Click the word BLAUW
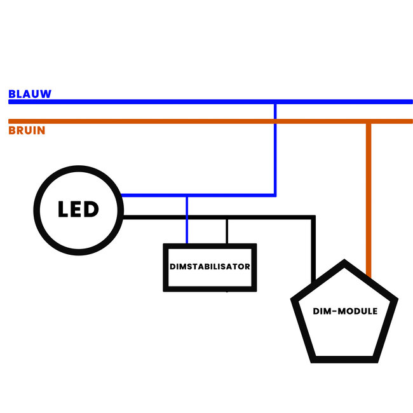point(30,94)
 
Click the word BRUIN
point(27,131)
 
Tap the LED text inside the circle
point(78,209)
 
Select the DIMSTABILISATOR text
point(210,267)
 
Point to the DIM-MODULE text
point(345,311)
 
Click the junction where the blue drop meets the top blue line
point(274,102)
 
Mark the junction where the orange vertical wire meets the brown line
point(369,121)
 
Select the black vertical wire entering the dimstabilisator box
point(227,232)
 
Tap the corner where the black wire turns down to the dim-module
point(313,218)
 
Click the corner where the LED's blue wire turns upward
point(274,195)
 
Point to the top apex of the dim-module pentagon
point(344,261)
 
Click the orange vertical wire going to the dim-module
point(369,191)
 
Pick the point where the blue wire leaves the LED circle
point(121,195)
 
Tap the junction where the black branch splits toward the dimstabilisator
point(227,218)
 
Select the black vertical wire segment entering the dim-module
point(313,254)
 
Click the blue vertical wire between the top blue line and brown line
point(274,111)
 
